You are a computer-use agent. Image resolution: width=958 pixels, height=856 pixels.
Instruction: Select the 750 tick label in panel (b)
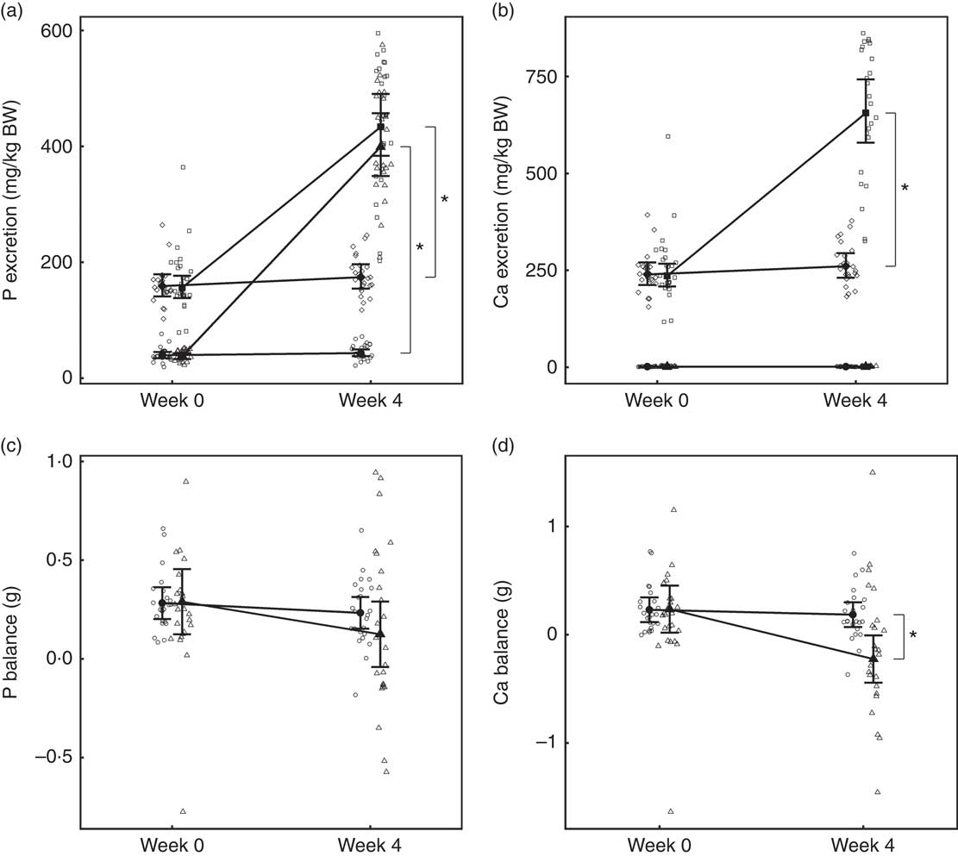click(x=539, y=77)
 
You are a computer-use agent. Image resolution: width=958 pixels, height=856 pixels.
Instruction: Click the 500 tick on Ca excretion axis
click(x=539, y=173)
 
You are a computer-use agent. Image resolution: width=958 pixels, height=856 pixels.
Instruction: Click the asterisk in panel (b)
click(x=905, y=187)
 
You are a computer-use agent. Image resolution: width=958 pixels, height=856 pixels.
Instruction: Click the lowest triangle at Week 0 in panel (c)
click(x=183, y=811)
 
